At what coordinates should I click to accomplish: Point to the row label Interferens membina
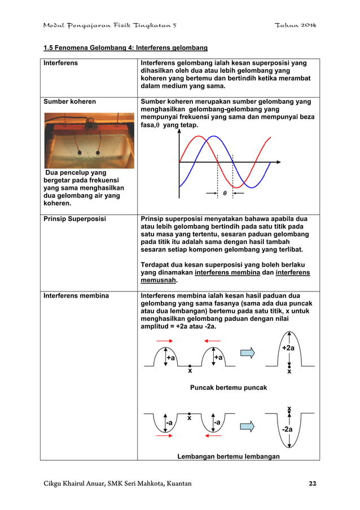(76, 295)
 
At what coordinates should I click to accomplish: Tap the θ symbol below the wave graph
(225, 193)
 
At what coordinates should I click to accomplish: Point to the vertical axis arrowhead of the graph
(179, 132)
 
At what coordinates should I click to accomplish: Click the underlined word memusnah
(160, 280)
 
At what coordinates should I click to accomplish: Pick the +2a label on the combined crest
(289, 348)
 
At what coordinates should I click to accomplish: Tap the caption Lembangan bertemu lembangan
(229, 456)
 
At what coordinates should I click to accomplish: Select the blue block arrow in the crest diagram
(248, 353)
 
